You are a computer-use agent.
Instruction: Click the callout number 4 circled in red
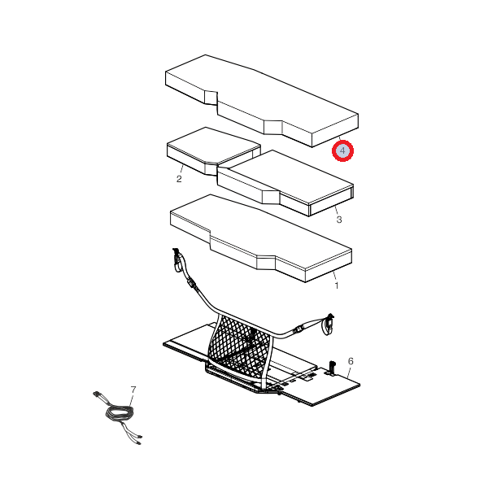click(342, 150)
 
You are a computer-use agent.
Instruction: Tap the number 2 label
click(179, 179)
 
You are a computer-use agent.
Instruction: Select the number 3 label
click(339, 220)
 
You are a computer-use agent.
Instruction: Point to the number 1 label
click(337, 285)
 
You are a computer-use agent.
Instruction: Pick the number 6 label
click(351, 361)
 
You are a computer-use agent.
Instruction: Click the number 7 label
click(133, 390)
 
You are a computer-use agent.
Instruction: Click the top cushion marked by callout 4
click(262, 101)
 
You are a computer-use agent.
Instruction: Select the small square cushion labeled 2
click(214, 151)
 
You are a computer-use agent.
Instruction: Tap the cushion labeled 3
click(285, 183)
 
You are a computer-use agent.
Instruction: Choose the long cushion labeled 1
click(261, 238)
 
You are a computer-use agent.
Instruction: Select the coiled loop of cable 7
click(120, 414)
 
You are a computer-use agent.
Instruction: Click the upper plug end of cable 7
click(97, 394)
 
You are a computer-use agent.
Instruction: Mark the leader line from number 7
click(132, 400)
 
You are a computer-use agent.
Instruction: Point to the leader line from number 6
click(349, 373)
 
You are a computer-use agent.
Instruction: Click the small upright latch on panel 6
click(332, 368)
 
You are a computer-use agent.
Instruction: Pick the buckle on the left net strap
click(191, 283)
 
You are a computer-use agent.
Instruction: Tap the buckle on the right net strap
click(298, 329)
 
